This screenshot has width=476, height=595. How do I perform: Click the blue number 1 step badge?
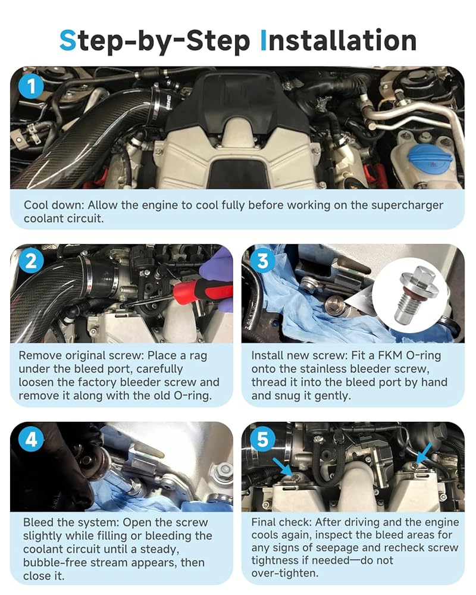[31, 86]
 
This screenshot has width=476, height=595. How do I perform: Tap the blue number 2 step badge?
[31, 261]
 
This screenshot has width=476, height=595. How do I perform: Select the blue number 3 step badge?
[262, 261]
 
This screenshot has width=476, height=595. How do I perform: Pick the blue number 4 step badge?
[31, 440]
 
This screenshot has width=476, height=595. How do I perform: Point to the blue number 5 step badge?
[262, 440]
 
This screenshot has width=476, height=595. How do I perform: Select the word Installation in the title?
[339, 41]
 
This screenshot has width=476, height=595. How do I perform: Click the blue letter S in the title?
[68, 41]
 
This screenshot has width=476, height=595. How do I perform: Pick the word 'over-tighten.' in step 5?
[285, 573]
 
